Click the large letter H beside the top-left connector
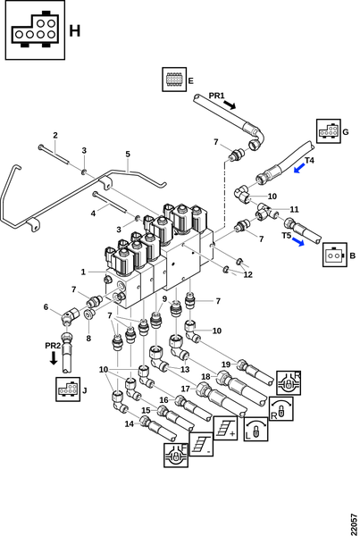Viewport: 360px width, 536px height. pos(74,30)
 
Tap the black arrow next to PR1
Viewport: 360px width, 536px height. pos(230,105)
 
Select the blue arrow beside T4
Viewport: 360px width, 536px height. pos(299,168)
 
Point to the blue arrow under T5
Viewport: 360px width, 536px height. pos(297,242)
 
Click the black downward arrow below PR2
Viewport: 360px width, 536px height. pos(54,358)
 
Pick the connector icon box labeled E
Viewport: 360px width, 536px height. pos(174,80)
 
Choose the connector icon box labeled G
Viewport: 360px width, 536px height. pos(328,131)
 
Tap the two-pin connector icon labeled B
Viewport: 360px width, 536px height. pos(334,255)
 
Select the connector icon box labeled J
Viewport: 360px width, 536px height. pos(68,389)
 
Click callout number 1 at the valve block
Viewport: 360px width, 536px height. pos(83,272)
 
